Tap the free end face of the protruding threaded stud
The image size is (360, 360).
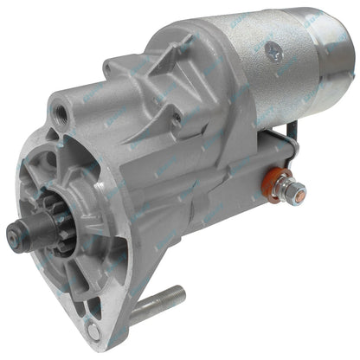(179, 290)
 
